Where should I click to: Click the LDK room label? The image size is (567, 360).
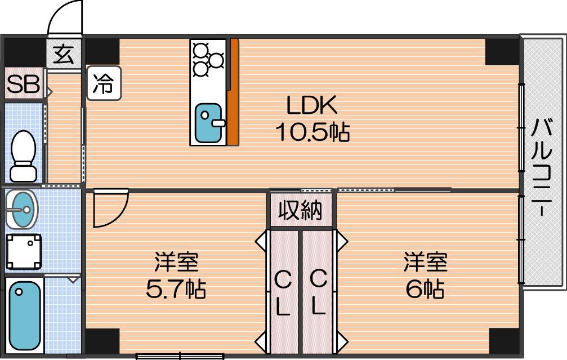312,105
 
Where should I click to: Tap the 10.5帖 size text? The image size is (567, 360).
312,131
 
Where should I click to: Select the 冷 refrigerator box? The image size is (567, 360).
104,83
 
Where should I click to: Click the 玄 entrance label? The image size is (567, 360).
64,55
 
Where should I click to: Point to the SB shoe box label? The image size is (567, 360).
23,85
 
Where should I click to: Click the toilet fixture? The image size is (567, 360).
24,156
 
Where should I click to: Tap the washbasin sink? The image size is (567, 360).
22,210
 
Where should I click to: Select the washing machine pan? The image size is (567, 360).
24,252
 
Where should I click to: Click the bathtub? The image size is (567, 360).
24,315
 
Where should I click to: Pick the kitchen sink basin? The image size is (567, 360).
208,123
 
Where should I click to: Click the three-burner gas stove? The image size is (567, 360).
208,60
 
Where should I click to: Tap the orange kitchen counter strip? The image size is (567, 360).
234,92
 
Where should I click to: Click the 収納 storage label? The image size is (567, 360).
301,210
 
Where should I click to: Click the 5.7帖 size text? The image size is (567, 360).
176,289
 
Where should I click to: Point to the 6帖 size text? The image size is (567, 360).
425,288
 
